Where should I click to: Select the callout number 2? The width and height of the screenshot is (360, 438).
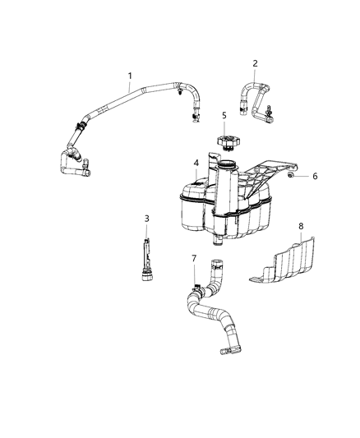pyautogui.click(x=255, y=63)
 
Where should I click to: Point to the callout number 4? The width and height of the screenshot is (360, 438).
pyautogui.click(x=195, y=163)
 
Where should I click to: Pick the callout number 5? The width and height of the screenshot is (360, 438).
pyautogui.click(x=223, y=115)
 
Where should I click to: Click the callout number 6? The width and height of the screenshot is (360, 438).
pyautogui.click(x=314, y=176)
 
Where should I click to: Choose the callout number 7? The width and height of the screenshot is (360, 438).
pyautogui.click(x=194, y=259)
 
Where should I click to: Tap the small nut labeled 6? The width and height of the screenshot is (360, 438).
pyautogui.click(x=293, y=174)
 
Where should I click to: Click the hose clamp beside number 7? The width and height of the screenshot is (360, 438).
pyautogui.click(x=198, y=288)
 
